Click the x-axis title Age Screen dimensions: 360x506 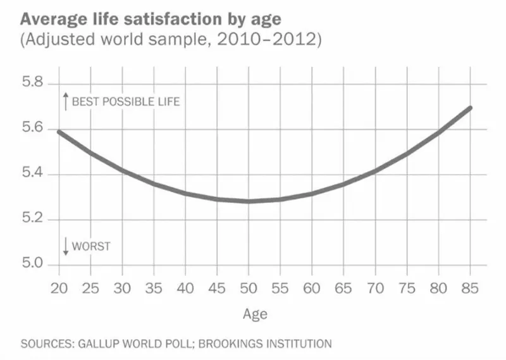point(255,314)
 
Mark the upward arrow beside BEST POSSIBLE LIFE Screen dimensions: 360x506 point(65,101)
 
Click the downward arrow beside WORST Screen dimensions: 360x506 point(65,246)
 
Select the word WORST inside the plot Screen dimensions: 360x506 point(91,247)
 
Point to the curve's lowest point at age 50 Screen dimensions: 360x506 point(249,201)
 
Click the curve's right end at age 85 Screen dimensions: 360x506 point(469,108)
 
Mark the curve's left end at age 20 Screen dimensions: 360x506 point(59,132)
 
